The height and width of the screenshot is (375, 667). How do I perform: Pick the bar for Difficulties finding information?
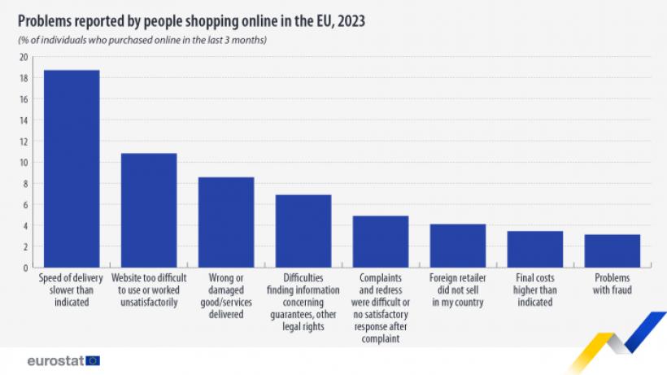coord(303,231)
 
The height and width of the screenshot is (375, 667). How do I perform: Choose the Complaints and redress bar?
coord(380,242)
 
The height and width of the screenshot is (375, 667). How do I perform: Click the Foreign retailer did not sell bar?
coord(457,246)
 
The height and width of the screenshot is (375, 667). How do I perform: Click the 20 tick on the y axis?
coord(24,57)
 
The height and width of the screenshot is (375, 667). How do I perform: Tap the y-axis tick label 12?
coord(24,141)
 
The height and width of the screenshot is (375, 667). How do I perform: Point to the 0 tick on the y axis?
coord(26,267)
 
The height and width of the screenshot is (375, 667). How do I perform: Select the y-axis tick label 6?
coord(26,204)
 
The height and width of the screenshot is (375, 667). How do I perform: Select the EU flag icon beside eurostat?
coord(93,360)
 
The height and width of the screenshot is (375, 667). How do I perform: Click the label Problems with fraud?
coord(612,284)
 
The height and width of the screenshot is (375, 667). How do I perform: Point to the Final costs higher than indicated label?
coord(534,290)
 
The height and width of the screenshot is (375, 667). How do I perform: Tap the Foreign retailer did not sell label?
coord(457,290)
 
